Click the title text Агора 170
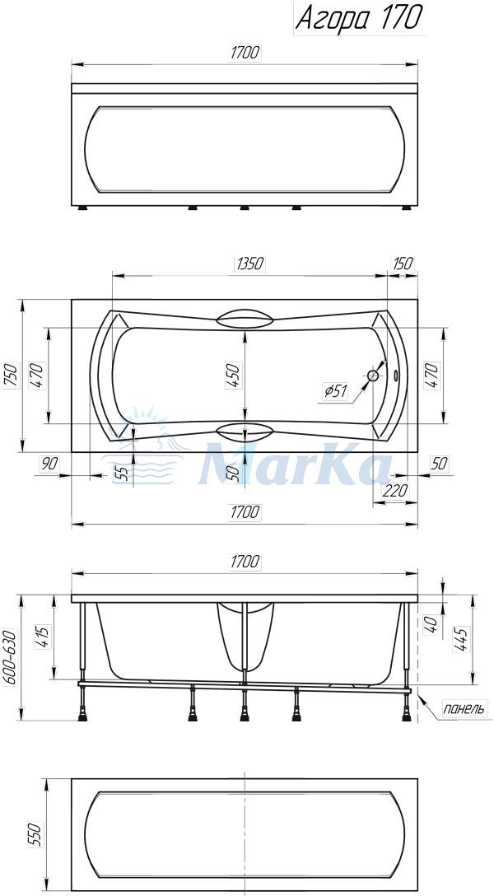[359, 18]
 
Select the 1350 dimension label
[249, 264]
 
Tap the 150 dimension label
[403, 264]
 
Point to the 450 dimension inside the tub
[234, 376]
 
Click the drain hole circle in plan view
[373, 376]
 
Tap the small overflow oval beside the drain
[398, 376]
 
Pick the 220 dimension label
[396, 490]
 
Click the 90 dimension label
[50, 464]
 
